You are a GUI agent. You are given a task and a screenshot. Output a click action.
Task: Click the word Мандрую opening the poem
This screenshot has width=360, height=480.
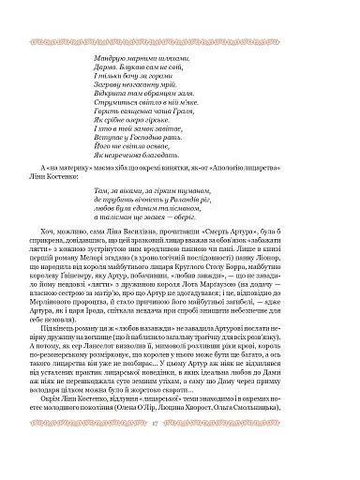112,57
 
